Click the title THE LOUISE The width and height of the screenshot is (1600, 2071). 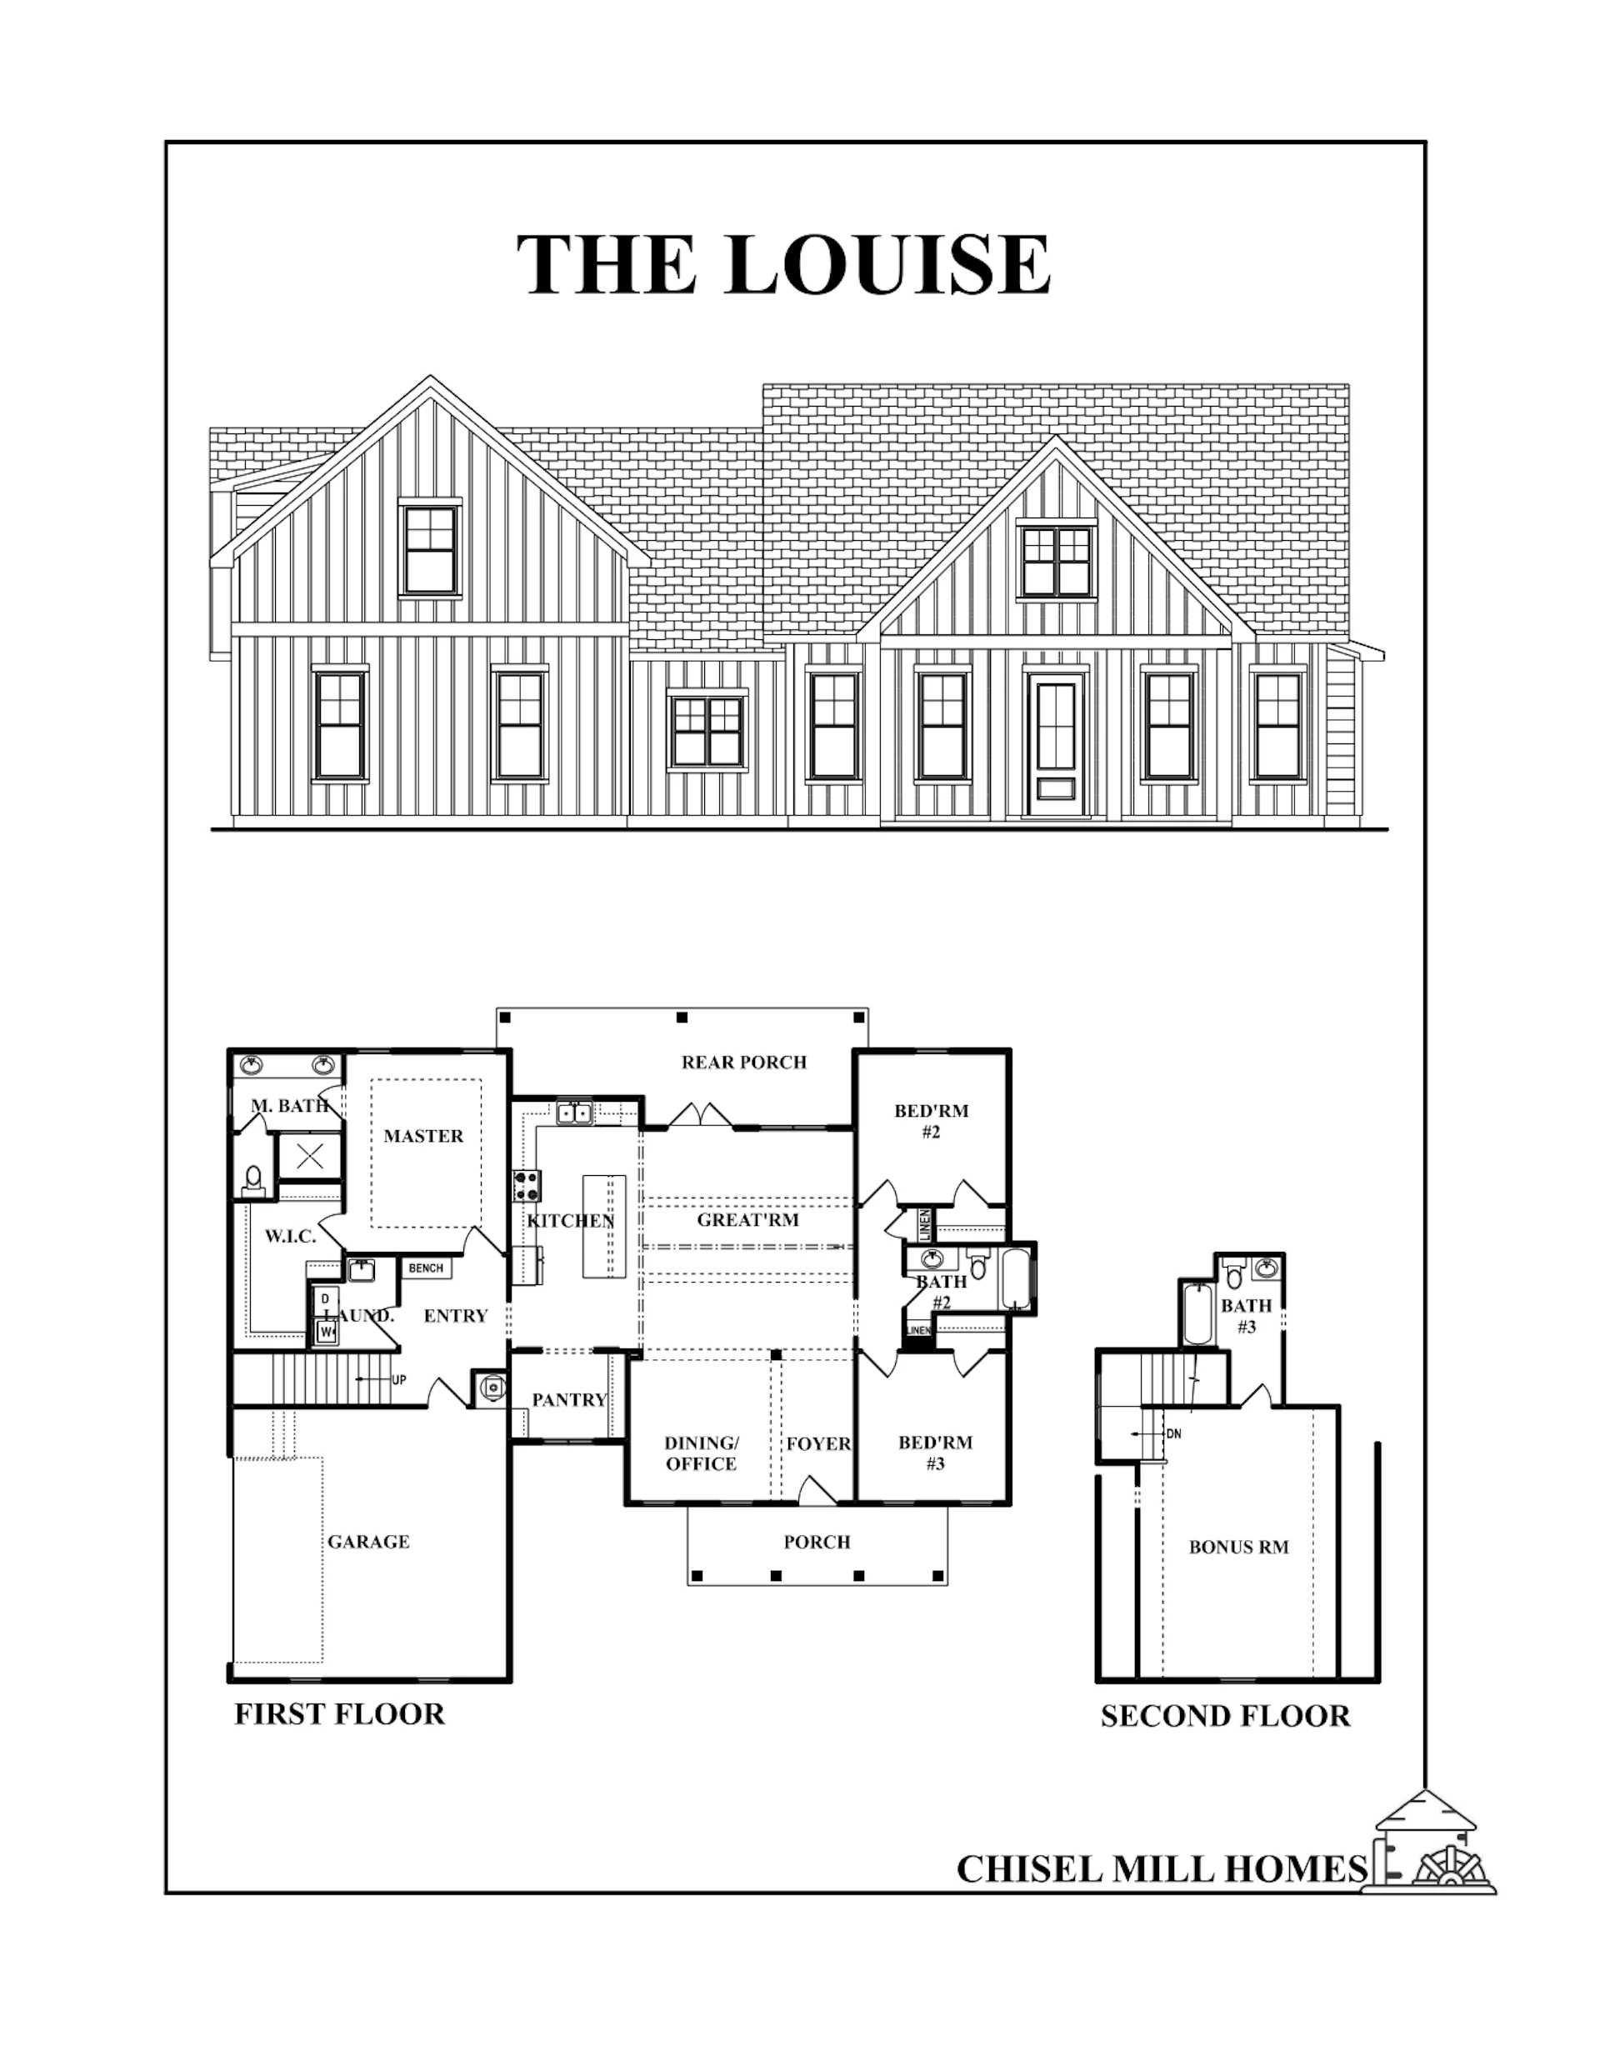(783, 263)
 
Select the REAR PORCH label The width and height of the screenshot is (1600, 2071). (743, 1062)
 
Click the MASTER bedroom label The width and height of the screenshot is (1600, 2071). (423, 1136)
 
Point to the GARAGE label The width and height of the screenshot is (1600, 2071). (368, 1542)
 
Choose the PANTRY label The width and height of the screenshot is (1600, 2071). (569, 1399)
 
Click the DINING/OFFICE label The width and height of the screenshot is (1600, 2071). (701, 1453)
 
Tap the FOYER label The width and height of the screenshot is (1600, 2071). (818, 1443)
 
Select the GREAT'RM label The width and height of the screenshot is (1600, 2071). (747, 1219)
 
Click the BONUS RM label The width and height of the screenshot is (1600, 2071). (1238, 1548)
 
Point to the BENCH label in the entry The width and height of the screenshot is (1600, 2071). (426, 1268)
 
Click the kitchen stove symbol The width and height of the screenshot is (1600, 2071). (527, 1184)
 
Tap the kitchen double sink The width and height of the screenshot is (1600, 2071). (574, 1113)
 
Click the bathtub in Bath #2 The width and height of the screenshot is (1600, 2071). (1016, 1278)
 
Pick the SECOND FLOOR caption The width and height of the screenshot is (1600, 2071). (1225, 1716)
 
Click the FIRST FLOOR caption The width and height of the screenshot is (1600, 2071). (339, 1714)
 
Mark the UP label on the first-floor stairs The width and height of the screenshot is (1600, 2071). (399, 1380)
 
